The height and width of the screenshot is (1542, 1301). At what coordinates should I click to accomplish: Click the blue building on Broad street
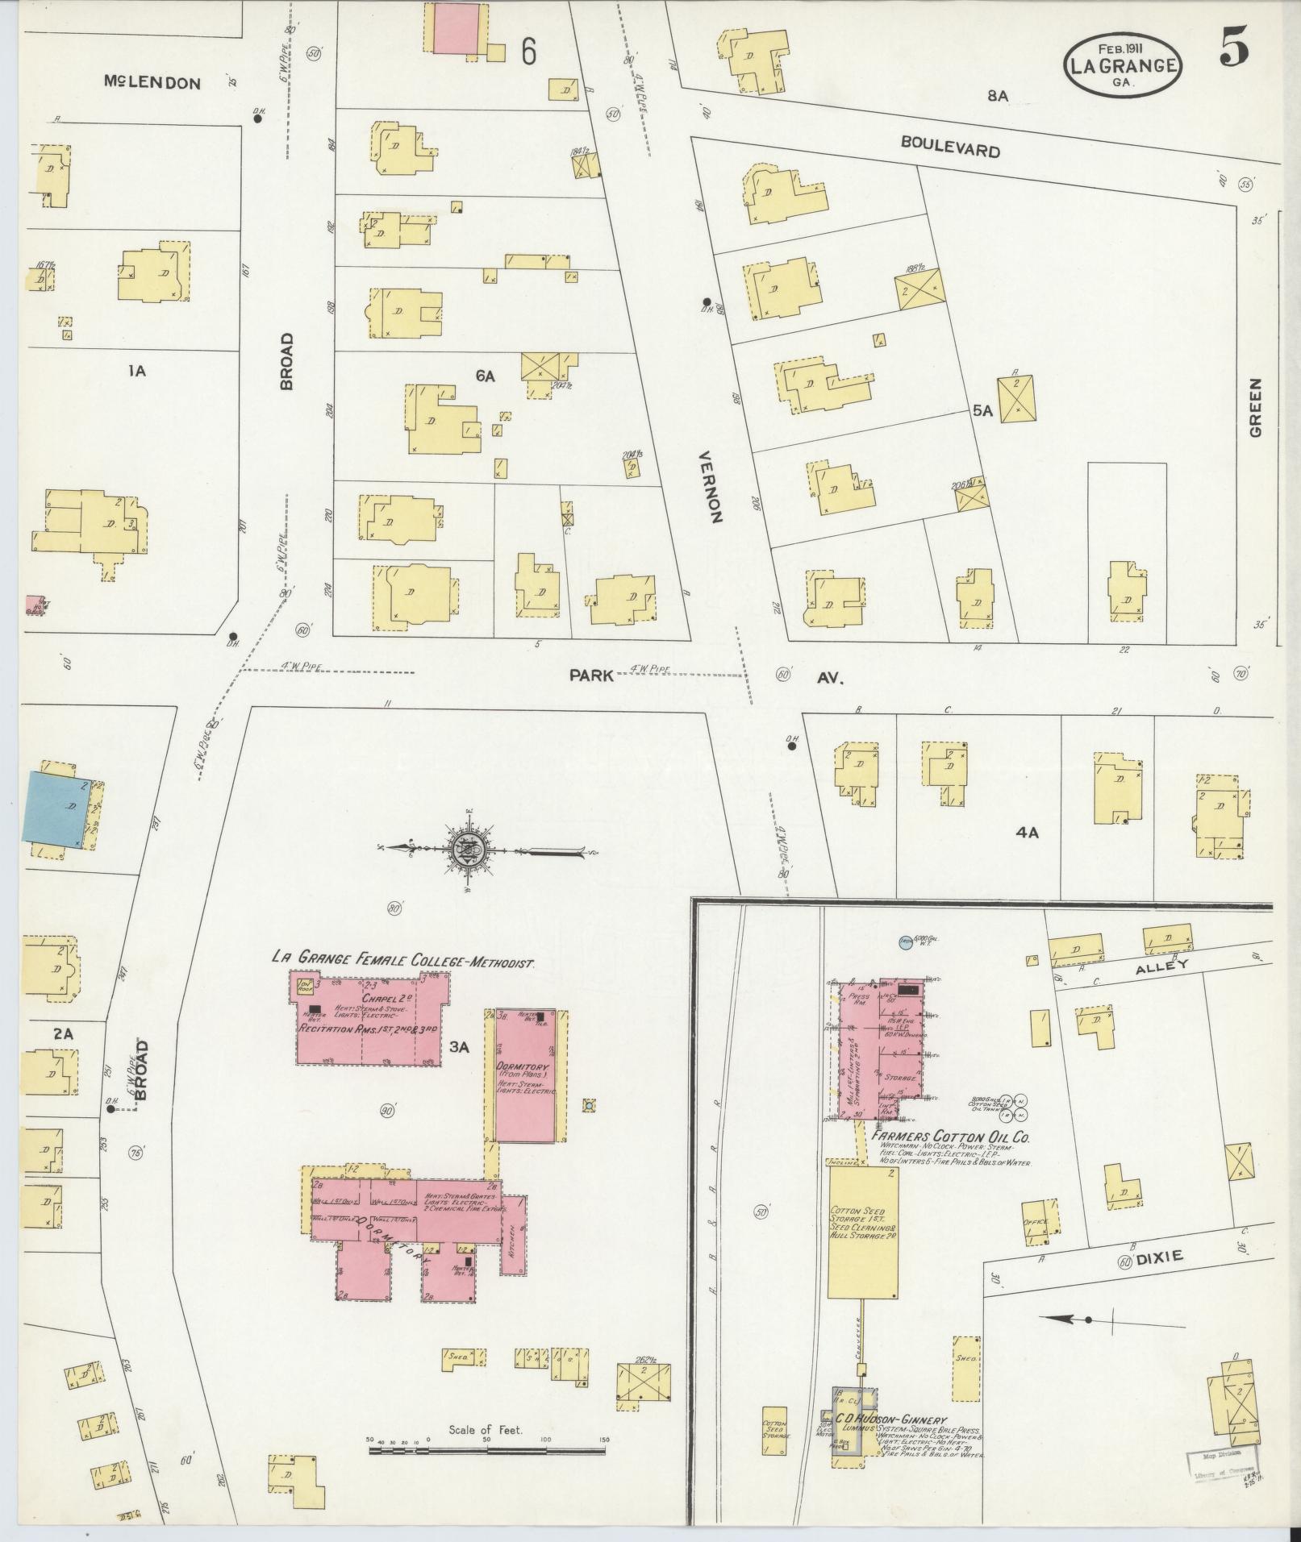(x=56, y=807)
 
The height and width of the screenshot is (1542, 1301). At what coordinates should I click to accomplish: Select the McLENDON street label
(x=152, y=82)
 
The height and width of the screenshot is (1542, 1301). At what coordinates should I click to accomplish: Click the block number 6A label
(x=485, y=376)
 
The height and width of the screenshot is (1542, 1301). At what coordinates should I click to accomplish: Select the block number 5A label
(x=982, y=410)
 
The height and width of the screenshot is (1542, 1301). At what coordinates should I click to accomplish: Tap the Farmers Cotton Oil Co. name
(x=952, y=1137)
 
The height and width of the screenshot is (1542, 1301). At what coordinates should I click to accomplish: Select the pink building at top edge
(x=457, y=28)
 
